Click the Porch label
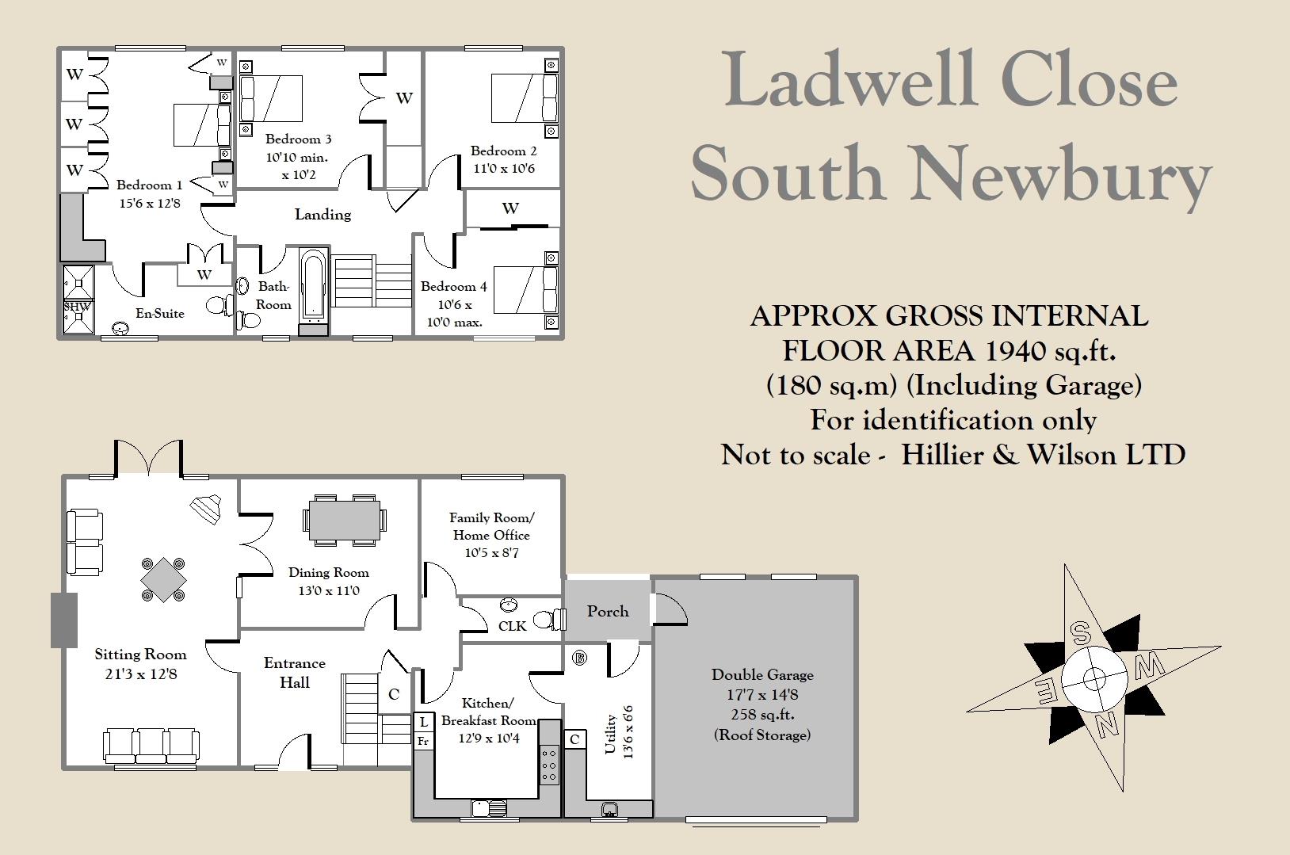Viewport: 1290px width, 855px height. pyautogui.click(x=608, y=612)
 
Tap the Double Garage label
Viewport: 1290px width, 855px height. pyautogui.click(x=762, y=675)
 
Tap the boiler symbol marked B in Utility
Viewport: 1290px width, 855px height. pyautogui.click(x=579, y=657)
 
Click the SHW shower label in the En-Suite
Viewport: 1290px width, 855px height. pyautogui.click(x=78, y=307)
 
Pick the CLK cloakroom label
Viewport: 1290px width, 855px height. pyautogui.click(x=512, y=626)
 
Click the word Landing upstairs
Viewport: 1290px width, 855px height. pyautogui.click(x=322, y=215)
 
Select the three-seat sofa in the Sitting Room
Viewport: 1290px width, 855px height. pyautogui.click(x=151, y=745)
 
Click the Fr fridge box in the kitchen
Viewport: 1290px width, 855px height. pyautogui.click(x=423, y=742)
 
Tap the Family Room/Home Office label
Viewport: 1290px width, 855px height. pyautogui.click(x=491, y=526)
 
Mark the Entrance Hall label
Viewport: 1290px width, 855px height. pyautogui.click(x=294, y=673)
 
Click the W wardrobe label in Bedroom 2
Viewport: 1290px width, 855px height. pyautogui.click(x=510, y=208)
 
